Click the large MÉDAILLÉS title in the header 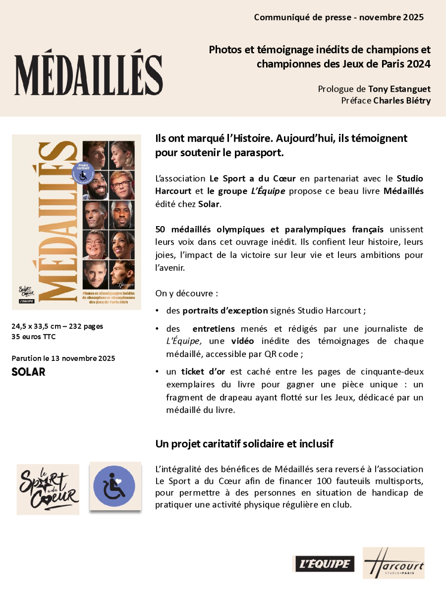[89, 74]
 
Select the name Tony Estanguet [399, 89]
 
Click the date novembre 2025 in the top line [391, 17]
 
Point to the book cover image [76, 222]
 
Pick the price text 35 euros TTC [34, 337]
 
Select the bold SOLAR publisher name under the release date [28, 371]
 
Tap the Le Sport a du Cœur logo [48, 489]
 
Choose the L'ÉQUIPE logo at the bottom [324, 564]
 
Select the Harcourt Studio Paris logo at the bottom [393, 563]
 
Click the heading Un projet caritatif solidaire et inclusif [244, 444]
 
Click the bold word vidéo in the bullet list [243, 341]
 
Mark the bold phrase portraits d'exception [224, 311]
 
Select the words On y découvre [187, 293]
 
